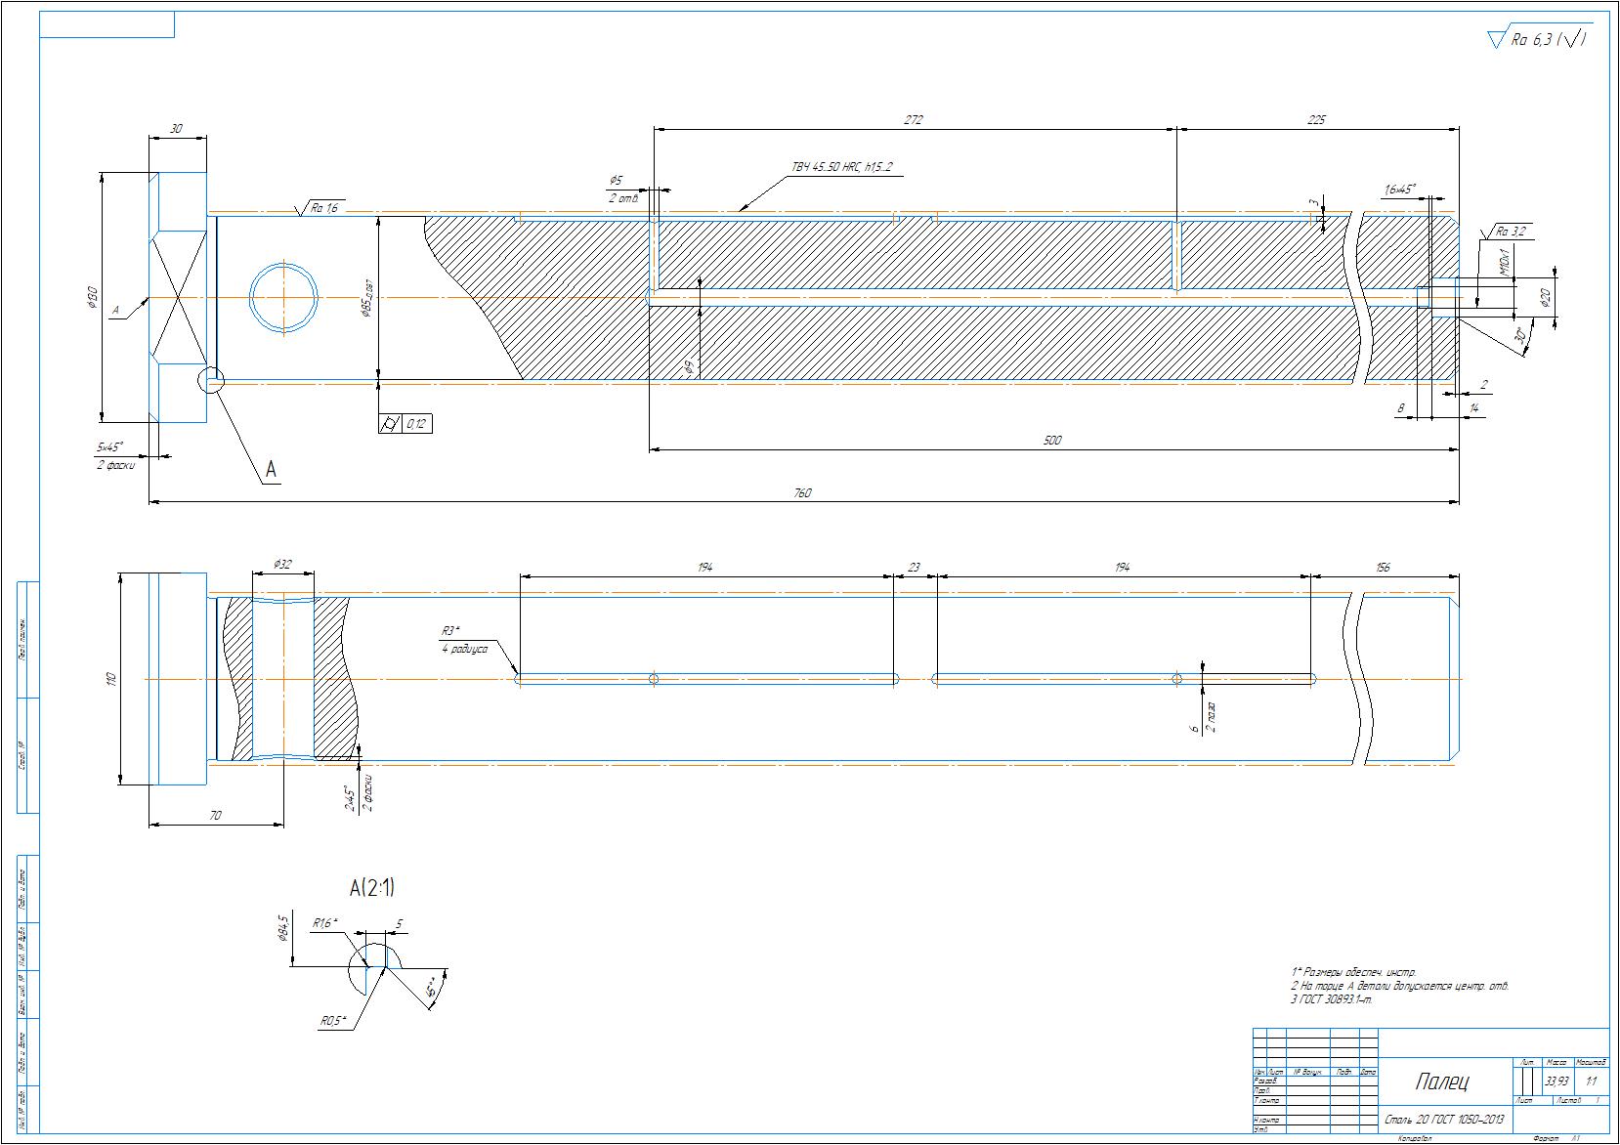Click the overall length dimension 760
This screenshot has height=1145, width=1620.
[x=800, y=493]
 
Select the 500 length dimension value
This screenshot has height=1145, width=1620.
[x=1051, y=441]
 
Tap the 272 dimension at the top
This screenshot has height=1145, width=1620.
[x=913, y=120]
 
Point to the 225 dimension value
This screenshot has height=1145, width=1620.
[x=1316, y=120]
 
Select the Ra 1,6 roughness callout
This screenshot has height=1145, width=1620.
[x=321, y=208]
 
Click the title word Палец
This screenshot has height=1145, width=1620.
[x=1442, y=1081]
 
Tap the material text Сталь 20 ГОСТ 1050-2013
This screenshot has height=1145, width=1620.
[x=1444, y=1120]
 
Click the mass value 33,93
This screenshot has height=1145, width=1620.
[x=1556, y=1081]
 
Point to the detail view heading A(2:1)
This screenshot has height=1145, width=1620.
[x=372, y=887]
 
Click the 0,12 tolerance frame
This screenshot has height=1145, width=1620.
[x=405, y=424]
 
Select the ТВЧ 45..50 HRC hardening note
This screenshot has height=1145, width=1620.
[x=841, y=168]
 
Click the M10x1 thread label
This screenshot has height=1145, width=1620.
[x=1505, y=261]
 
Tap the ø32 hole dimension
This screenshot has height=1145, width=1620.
[x=282, y=565]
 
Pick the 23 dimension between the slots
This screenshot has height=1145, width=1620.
[x=915, y=567]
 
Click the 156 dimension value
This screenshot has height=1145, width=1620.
[x=1382, y=567]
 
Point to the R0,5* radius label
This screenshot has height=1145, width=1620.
[x=334, y=1021]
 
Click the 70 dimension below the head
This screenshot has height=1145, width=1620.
[x=215, y=815]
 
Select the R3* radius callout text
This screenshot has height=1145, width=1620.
[x=450, y=631]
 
